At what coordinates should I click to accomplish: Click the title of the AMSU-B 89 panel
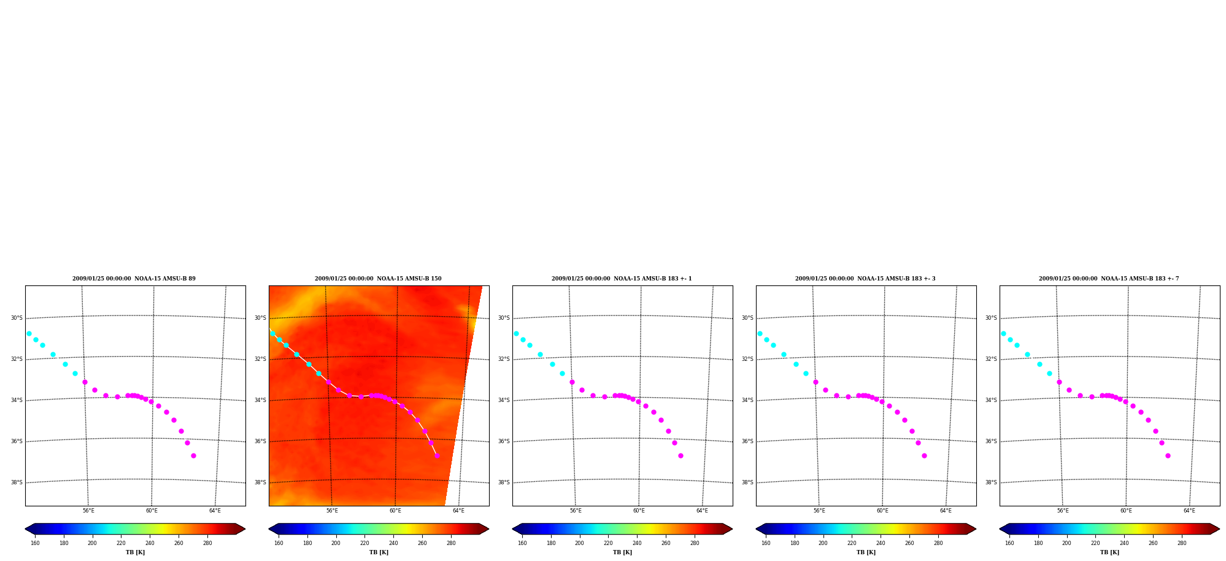pos(134,279)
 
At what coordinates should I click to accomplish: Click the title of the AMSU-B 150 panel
pos(378,279)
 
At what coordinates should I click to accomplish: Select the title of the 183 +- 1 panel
pos(622,279)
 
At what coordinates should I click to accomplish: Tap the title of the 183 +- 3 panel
pos(865,279)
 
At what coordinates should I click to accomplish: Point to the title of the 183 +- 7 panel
pos(1109,279)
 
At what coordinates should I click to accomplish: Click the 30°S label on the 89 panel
pos(17,318)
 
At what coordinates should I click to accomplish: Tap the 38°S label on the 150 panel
pos(260,482)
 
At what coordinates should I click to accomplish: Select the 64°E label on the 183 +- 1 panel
pos(702,511)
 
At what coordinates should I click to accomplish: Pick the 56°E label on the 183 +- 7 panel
pos(1063,511)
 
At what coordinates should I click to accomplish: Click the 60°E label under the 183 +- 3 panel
pos(882,511)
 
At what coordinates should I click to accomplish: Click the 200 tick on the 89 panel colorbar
pos(92,543)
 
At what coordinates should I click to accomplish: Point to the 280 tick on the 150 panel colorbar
pos(451,543)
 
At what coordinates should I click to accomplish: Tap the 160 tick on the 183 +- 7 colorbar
pos(1009,543)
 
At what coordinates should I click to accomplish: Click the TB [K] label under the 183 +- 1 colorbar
pos(622,552)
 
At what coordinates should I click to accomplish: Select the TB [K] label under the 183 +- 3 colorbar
pos(866,552)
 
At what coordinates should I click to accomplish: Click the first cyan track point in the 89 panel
pos(29,333)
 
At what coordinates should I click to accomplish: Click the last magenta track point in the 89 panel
pos(193,455)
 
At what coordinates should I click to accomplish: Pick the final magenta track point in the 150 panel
pos(437,455)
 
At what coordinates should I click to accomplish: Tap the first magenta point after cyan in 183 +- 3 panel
pos(815,382)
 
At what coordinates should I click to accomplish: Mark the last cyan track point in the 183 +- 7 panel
pos(1049,373)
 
